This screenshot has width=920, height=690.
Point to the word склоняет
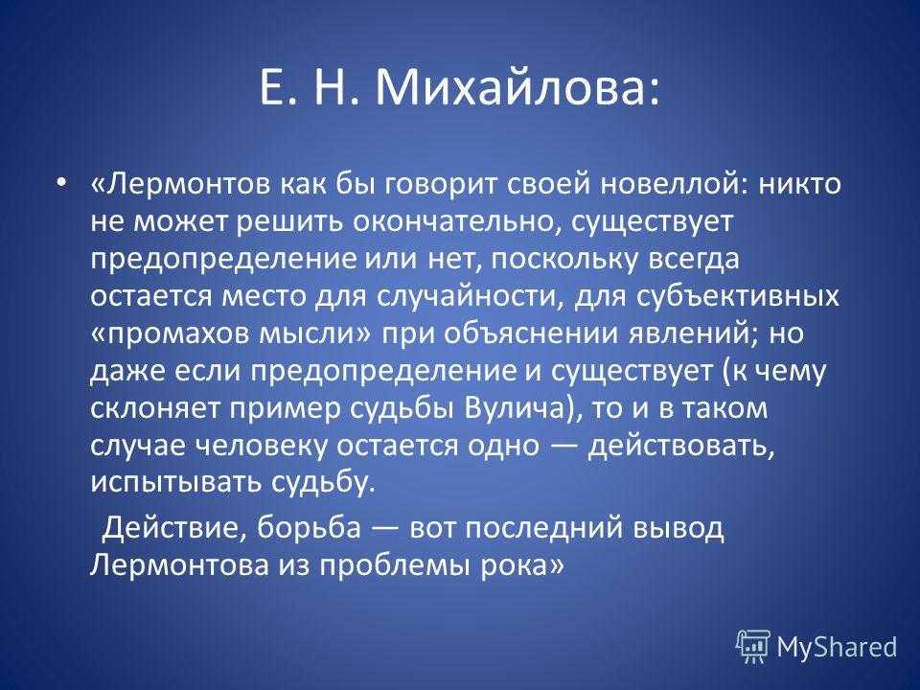pos(155,409)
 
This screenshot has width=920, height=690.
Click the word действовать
pos(680,447)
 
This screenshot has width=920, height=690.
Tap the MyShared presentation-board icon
pos(753,646)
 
